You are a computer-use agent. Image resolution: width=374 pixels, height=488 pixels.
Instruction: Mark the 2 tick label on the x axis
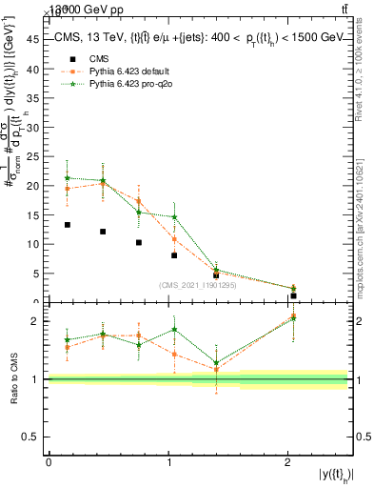(x=288, y=462)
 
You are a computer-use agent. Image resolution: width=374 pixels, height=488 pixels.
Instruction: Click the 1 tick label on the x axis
(x=168, y=462)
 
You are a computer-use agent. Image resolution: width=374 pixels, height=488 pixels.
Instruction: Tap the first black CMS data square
(x=67, y=225)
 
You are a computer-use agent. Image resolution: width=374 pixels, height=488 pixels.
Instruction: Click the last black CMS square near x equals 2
(x=293, y=295)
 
